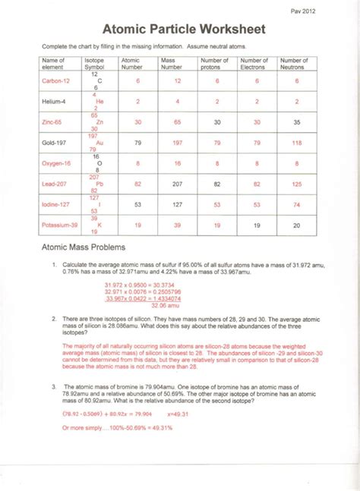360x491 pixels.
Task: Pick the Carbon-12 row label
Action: (55, 81)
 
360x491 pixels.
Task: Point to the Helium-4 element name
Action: (55, 101)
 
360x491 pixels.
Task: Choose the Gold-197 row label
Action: (55, 142)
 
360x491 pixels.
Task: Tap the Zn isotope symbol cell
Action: (95, 121)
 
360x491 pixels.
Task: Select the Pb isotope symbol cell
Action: (94, 184)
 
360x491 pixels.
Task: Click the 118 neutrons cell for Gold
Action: (296, 143)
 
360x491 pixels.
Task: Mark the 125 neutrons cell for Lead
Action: (296, 184)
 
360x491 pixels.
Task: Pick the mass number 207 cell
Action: (177, 184)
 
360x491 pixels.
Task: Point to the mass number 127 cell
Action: (177, 204)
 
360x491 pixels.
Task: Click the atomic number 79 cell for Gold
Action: (137, 143)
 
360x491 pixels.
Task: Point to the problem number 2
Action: (54, 319)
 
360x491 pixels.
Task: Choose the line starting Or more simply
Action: (117, 427)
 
